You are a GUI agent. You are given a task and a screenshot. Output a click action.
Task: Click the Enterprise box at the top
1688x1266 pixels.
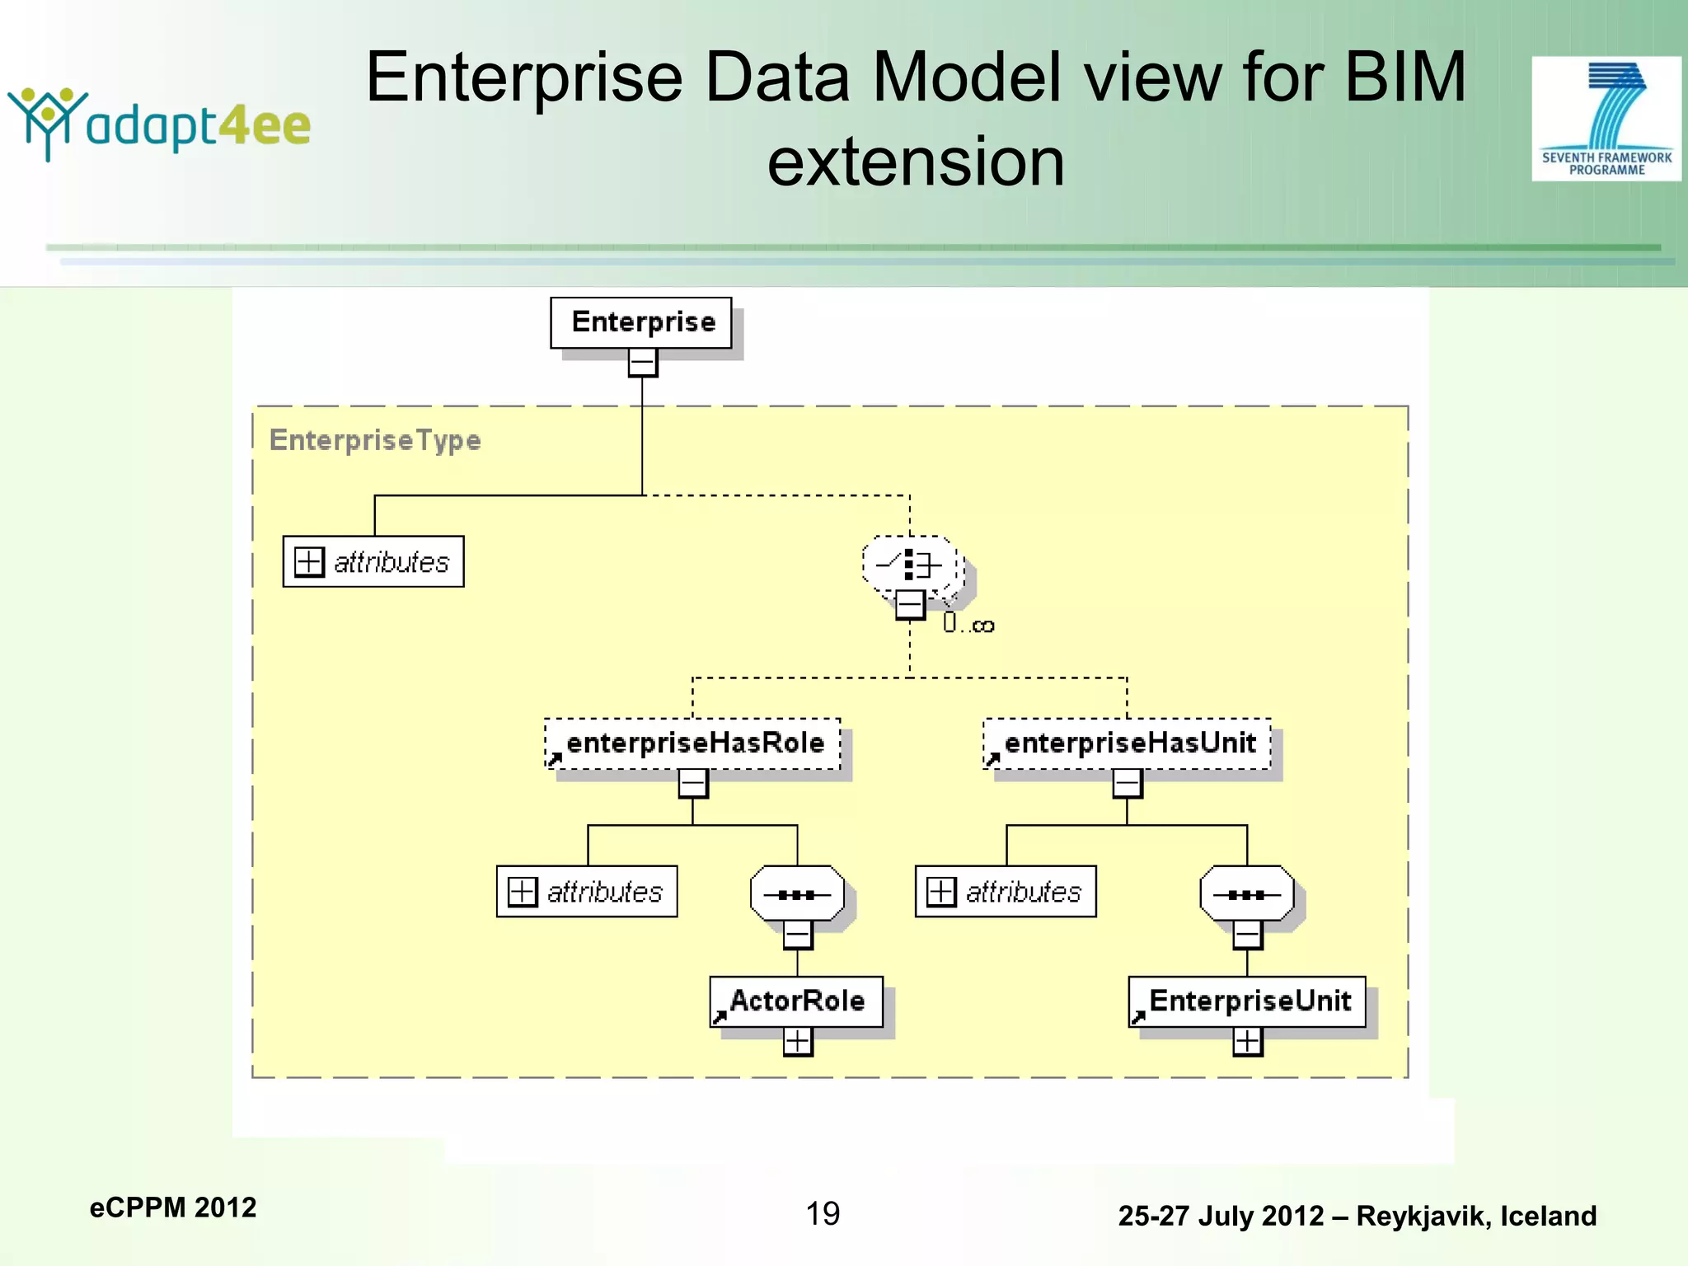(641, 322)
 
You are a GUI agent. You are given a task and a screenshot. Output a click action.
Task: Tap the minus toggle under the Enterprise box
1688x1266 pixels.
(642, 363)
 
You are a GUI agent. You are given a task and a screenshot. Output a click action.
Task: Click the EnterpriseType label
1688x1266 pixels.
(375, 440)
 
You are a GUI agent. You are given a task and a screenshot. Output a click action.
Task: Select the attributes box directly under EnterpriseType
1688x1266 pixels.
(373, 562)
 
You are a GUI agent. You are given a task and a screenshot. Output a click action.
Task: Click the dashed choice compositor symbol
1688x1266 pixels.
(911, 565)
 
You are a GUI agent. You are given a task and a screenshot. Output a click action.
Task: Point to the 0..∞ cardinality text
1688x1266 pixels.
(968, 625)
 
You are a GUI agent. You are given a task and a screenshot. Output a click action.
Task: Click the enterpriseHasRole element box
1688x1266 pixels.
(692, 743)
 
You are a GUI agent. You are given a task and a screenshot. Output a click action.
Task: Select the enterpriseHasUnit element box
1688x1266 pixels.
(1128, 743)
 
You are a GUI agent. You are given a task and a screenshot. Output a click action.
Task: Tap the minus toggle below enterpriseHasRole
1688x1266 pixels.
(692, 783)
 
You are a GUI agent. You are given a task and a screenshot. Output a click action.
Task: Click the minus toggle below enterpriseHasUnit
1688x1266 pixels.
(1127, 783)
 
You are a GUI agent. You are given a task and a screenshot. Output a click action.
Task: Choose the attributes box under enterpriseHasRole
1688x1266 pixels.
(587, 892)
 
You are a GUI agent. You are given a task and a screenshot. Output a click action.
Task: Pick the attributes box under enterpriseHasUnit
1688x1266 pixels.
(1006, 892)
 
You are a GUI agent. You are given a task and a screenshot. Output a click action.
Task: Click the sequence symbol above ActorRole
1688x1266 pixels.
(797, 893)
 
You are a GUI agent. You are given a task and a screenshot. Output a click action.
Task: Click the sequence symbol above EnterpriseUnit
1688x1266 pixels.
(1247, 893)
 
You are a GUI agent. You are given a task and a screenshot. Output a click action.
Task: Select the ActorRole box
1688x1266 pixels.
(796, 1001)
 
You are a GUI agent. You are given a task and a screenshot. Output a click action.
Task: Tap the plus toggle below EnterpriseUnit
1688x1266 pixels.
(1247, 1042)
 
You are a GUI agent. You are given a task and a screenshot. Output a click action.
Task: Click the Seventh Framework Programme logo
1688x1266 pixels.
(1606, 119)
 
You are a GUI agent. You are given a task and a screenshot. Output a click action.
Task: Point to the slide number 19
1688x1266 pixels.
(823, 1213)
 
